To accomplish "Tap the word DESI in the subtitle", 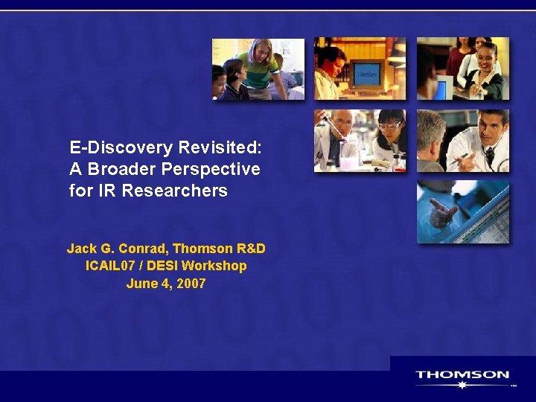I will click(166, 266).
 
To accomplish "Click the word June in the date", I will click(141, 284).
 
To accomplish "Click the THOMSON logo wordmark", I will click(462, 375).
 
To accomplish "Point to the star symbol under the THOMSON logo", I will click(462, 386).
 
